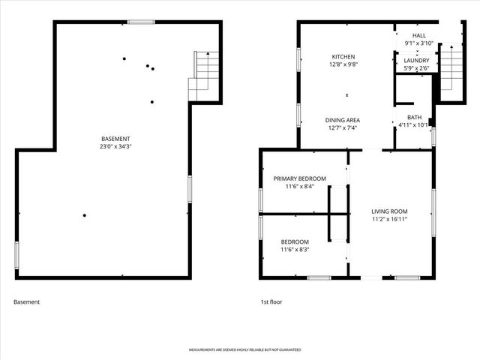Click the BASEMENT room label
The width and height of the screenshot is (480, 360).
coord(116,139)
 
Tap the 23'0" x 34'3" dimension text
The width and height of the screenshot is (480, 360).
coord(116,147)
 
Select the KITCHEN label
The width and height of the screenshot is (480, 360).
coord(343,57)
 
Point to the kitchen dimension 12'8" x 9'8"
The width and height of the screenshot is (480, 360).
coord(343,65)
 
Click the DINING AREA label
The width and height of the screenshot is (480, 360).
coord(342,120)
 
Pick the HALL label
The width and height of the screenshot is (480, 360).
coord(419,35)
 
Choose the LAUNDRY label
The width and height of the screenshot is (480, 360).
coord(416,61)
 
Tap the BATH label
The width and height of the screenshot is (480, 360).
coord(414,117)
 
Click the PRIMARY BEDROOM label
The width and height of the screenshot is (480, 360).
coord(299,178)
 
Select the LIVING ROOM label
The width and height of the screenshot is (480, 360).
coord(389,212)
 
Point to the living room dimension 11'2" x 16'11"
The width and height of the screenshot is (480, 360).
coord(389,220)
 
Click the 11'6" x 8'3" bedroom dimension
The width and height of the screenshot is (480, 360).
coord(295,250)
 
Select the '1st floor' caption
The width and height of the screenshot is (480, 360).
coord(271,302)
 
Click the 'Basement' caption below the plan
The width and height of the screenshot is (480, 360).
coord(26,302)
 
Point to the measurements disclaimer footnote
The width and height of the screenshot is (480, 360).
coord(239,350)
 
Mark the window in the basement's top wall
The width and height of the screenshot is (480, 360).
coord(140,22)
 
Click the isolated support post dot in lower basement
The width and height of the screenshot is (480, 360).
coord(85,216)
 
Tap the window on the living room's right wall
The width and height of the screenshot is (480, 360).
coord(433,212)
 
